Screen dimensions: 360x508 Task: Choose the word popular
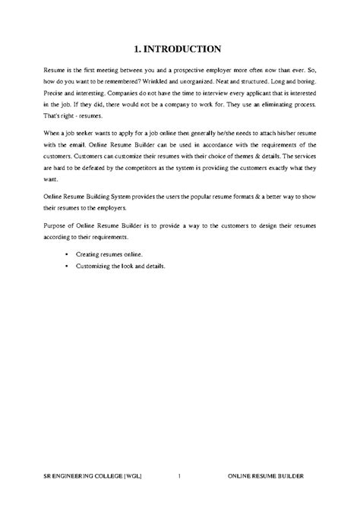[180, 195]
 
